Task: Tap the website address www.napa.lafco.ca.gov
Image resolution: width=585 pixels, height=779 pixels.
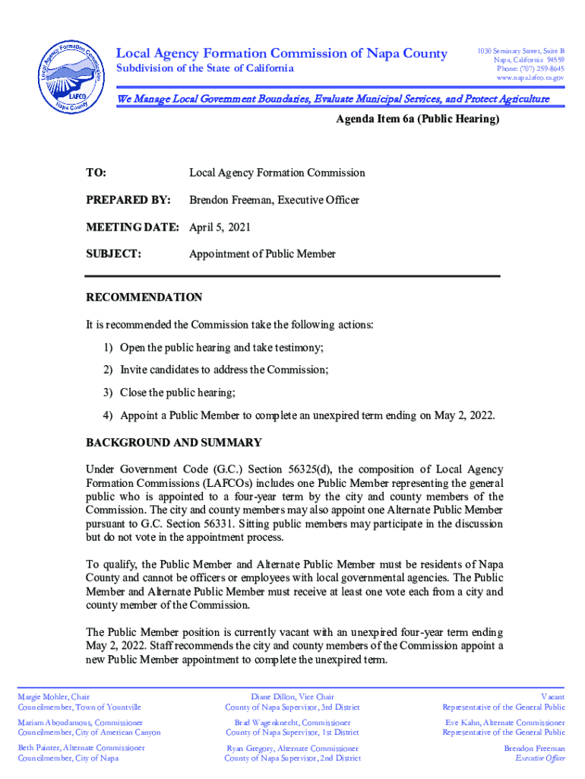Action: (x=530, y=78)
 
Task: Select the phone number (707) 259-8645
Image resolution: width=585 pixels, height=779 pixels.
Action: (x=539, y=68)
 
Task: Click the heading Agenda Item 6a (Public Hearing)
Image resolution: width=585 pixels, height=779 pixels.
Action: (x=417, y=120)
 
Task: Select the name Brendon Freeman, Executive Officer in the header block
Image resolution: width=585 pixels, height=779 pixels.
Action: (x=274, y=200)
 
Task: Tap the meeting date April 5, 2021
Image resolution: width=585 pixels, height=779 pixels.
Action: (x=220, y=227)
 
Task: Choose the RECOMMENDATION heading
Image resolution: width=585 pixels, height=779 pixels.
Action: (x=144, y=297)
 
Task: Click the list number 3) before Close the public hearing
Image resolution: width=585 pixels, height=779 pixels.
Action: (x=109, y=393)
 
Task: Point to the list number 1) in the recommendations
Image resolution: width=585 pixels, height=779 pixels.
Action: (x=109, y=348)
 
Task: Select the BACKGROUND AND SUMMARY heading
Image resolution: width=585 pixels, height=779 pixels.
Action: (x=174, y=443)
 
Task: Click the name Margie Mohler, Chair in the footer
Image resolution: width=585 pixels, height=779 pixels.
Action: (x=54, y=697)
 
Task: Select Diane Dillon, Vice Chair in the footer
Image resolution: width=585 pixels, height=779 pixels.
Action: (x=292, y=697)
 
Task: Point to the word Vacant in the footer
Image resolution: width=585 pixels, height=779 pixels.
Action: (x=552, y=697)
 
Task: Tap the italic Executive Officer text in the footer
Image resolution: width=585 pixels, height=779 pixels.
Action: (x=540, y=758)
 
